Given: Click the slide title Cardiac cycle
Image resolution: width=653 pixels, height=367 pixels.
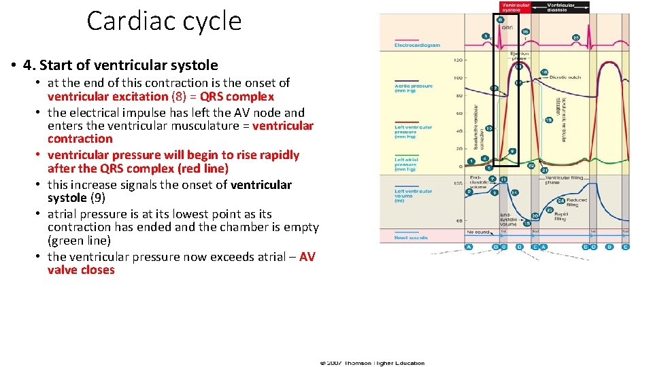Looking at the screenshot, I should [x=164, y=21].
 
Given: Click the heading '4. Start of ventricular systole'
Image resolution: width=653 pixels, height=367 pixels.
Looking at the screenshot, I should [x=120, y=65].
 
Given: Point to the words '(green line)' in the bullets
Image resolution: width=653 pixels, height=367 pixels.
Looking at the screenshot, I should [x=79, y=241].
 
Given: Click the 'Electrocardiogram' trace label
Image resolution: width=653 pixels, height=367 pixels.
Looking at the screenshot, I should [x=417, y=46].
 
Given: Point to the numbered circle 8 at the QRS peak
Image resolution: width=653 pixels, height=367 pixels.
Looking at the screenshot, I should [x=501, y=20].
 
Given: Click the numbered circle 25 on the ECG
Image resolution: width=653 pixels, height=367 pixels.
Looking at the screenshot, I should [x=576, y=37].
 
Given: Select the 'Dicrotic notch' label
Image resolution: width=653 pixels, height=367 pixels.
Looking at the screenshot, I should [x=563, y=77].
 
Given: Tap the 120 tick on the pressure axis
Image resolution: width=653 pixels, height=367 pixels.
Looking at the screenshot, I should [x=458, y=60].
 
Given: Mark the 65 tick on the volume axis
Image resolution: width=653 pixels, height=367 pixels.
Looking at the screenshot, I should [x=459, y=221].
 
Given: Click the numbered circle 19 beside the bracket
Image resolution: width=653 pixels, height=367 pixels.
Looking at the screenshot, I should [x=548, y=120].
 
